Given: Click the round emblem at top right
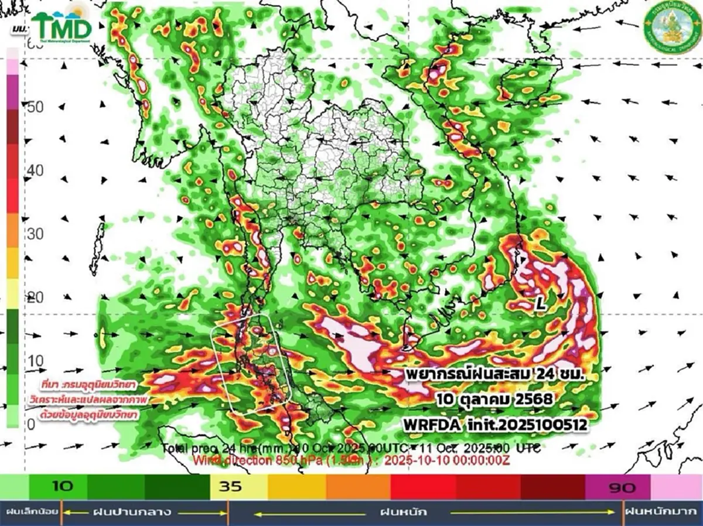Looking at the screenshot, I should [x=670, y=28].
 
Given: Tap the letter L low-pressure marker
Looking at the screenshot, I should [x=542, y=303].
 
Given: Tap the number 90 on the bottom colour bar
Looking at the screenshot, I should [x=622, y=487].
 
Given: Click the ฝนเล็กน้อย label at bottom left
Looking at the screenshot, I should [x=31, y=512].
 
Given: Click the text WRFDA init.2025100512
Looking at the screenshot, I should [x=495, y=424].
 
